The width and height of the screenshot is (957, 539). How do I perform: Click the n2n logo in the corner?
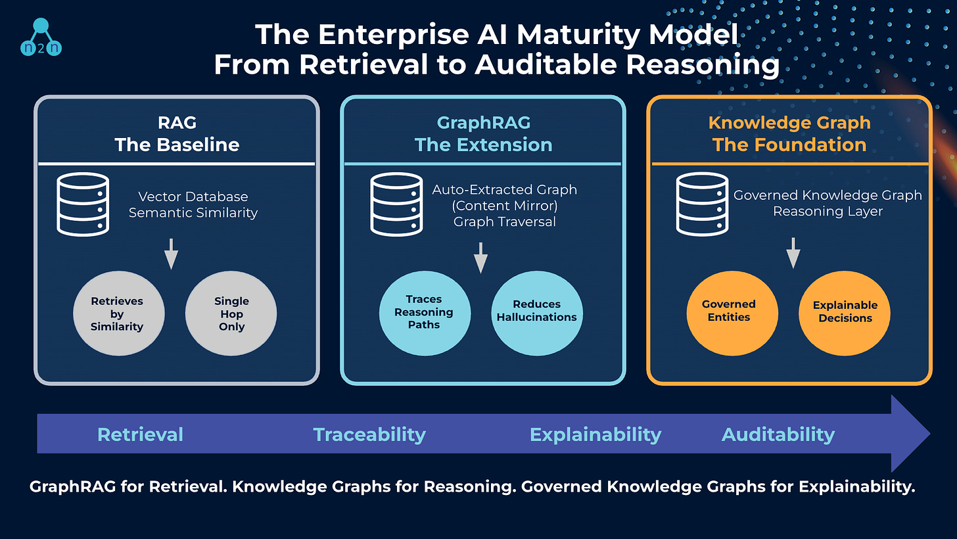(41, 37)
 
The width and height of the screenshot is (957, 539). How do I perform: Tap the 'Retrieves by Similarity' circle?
(119, 314)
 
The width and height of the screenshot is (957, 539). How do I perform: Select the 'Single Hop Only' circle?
(231, 314)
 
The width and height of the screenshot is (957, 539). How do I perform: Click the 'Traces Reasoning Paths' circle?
(425, 314)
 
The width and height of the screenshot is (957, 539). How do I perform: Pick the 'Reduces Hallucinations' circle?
(537, 314)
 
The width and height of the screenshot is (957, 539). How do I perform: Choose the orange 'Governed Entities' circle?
(732, 314)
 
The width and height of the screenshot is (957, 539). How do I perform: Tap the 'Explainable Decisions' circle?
(845, 314)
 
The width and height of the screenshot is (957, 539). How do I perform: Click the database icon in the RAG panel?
(83, 204)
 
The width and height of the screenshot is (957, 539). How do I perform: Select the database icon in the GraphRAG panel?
(396, 204)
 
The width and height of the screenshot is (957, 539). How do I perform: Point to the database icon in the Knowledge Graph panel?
(703, 204)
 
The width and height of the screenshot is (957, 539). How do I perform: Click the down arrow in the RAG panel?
(172, 254)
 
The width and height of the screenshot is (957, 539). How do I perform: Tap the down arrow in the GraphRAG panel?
(480, 258)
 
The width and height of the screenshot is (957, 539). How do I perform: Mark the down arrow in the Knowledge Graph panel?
(793, 253)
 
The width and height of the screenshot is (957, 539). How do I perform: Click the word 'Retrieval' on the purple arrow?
(140, 434)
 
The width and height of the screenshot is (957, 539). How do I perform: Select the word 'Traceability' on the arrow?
(369, 434)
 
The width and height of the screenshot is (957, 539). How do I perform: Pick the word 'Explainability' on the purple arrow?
(595, 434)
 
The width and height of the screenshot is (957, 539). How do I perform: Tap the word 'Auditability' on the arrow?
(778, 434)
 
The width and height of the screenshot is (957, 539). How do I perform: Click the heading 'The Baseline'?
(177, 145)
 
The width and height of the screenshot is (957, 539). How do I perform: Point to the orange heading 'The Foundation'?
(789, 145)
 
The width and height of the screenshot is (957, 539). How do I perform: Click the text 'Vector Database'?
(193, 197)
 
